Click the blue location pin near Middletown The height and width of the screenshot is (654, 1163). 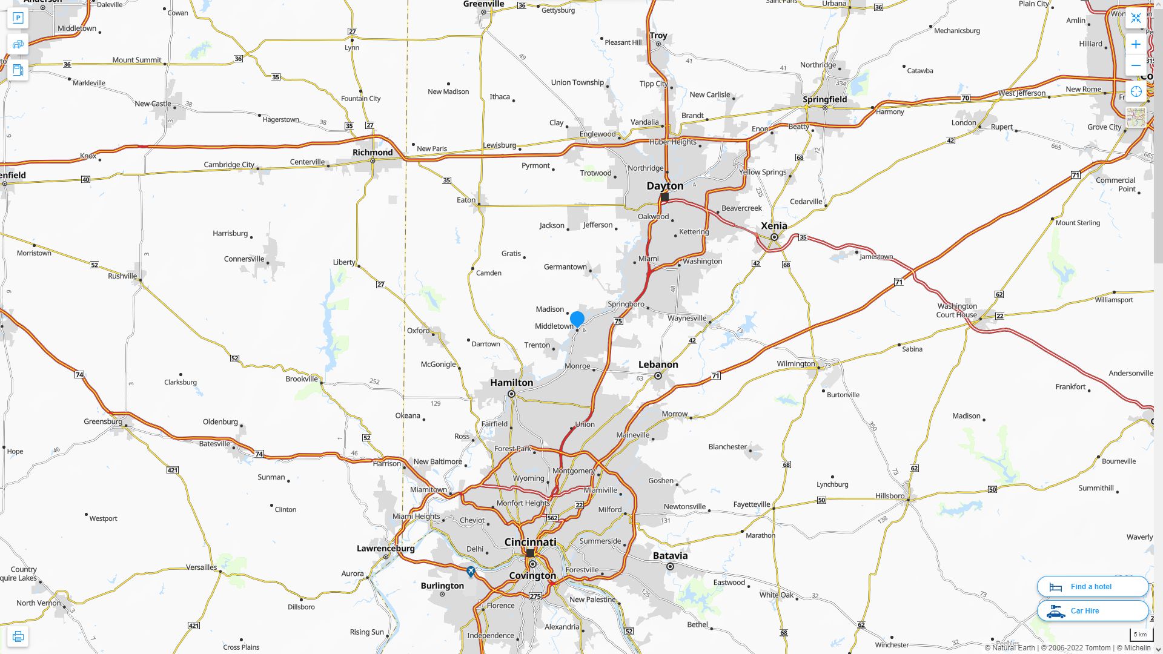click(577, 319)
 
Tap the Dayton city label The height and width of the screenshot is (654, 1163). click(664, 186)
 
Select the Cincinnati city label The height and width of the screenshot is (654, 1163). click(530, 542)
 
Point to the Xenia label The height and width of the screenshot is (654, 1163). click(774, 226)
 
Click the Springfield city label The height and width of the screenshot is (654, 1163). click(824, 99)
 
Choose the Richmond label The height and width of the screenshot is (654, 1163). click(373, 153)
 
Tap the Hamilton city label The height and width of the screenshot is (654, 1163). click(511, 383)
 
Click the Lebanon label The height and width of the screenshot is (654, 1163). click(658, 365)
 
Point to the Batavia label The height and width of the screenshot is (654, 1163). click(670, 556)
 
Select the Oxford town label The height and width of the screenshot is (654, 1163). click(418, 331)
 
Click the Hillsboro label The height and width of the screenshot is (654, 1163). click(889, 496)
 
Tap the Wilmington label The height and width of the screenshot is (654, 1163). click(795, 364)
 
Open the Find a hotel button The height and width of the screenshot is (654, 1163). click(1092, 587)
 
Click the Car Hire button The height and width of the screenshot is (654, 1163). click(1092, 611)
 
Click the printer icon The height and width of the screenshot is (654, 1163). click(18, 636)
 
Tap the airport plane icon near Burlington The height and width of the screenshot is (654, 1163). click(471, 571)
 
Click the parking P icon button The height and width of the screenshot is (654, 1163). click(18, 18)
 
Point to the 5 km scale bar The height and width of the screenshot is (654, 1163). click(1140, 635)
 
